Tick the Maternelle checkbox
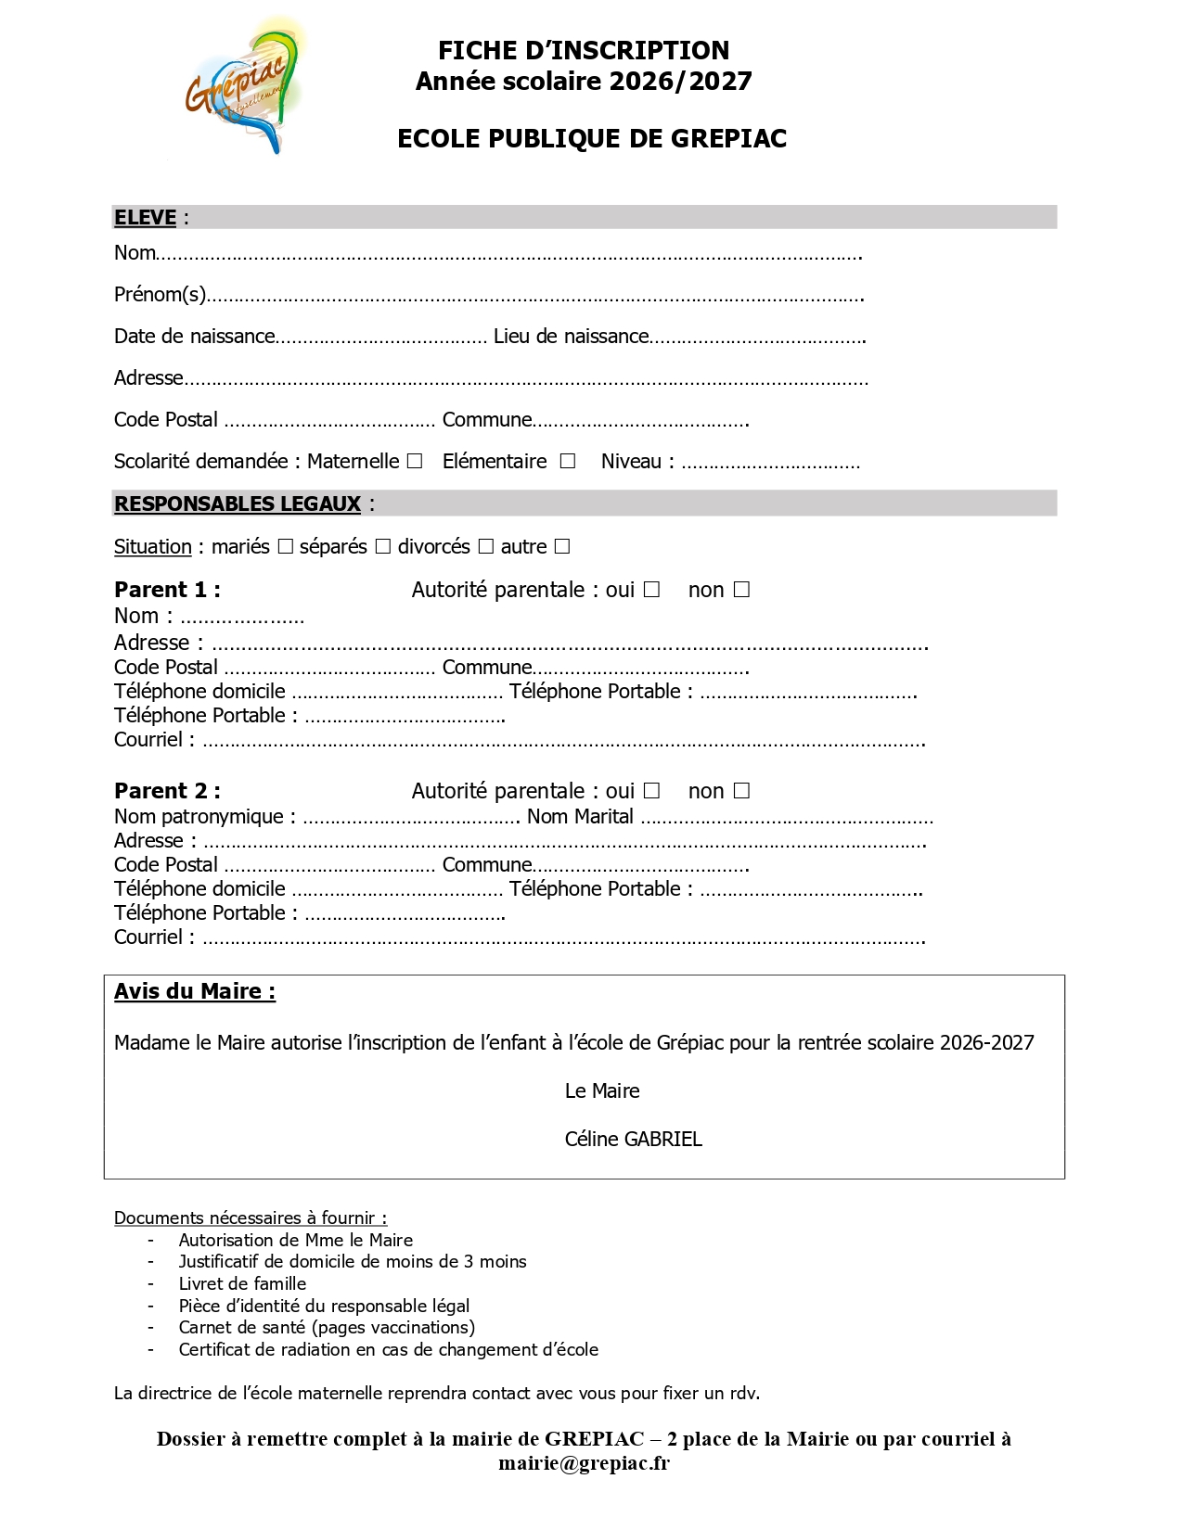[x=415, y=461]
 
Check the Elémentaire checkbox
[x=568, y=461]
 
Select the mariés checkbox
[x=286, y=546]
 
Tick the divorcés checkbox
[x=486, y=546]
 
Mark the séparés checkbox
[x=383, y=546]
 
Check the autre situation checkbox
[x=562, y=546]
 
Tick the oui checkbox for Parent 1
[x=652, y=590]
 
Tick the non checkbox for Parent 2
[x=741, y=791]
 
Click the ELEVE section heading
[x=145, y=218]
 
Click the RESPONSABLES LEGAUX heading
[x=238, y=504]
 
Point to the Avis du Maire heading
[x=194, y=991]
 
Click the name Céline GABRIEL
[x=633, y=1139]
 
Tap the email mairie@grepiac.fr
[x=584, y=1463]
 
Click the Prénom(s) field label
[x=160, y=295]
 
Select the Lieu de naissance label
[x=571, y=337]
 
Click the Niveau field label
[x=637, y=461]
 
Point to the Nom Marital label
[x=580, y=817]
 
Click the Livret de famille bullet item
[x=242, y=1283]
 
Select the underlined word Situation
[x=152, y=547]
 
